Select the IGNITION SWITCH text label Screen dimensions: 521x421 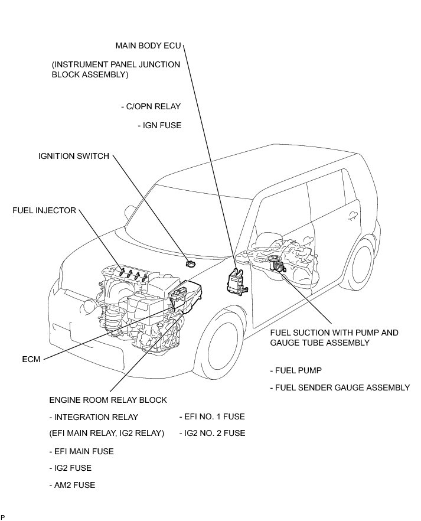74,157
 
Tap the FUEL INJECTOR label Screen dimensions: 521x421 44,211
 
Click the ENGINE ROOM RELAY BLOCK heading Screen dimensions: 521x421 108,400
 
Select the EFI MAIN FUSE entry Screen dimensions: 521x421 81,451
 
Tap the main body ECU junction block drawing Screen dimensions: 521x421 237,279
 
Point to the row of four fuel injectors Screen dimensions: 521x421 132,273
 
